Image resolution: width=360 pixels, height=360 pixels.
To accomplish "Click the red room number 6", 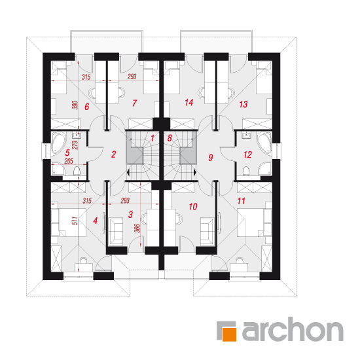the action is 87,107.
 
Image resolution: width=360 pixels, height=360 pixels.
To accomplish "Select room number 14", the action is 189,102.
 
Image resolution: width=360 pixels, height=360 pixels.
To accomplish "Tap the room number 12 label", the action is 247,154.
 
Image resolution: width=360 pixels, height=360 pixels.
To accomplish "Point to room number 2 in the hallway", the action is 113,154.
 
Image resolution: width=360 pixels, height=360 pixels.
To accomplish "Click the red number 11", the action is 241,201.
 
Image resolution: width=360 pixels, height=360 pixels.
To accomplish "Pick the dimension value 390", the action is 75,105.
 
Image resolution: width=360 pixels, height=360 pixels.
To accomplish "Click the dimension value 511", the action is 75,221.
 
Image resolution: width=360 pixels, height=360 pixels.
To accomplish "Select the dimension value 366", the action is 137,228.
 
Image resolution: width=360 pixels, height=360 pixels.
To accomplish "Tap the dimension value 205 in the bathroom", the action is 69,161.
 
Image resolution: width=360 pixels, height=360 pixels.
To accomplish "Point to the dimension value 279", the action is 75,145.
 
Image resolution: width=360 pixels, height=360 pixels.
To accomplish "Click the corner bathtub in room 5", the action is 58,143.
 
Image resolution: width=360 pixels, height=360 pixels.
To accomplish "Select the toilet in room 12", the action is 246,171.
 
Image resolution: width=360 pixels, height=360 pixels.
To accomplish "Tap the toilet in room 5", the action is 77,171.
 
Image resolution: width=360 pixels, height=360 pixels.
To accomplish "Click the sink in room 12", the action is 246,135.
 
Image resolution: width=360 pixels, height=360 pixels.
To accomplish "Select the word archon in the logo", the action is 293,329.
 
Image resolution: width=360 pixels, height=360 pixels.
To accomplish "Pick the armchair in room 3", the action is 115,232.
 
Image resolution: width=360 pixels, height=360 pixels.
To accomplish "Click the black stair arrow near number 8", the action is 195,172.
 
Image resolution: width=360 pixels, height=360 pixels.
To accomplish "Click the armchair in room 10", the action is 207,232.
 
